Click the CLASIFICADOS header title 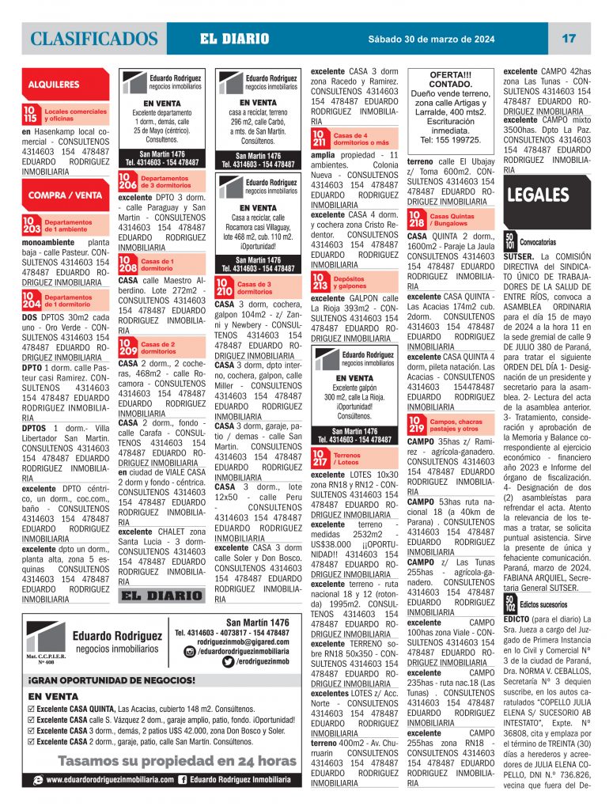click(x=94, y=39)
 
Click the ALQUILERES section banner click(x=53, y=83)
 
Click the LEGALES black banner click(x=538, y=195)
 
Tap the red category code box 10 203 click(x=31, y=225)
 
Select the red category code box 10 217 click(x=320, y=459)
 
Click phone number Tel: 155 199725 click(x=449, y=139)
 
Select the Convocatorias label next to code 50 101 click(x=537, y=241)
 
